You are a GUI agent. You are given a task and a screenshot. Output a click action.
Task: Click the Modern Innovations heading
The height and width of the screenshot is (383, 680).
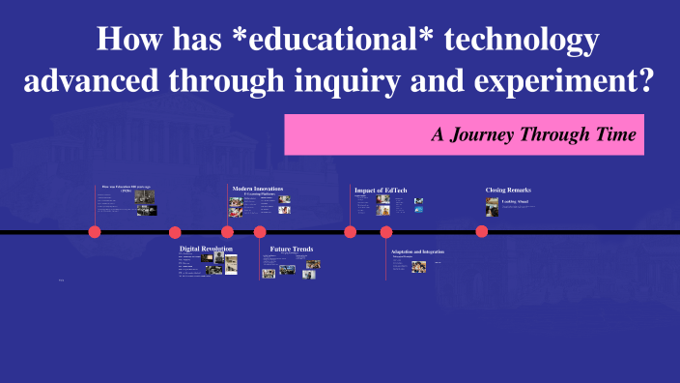pos(257,188)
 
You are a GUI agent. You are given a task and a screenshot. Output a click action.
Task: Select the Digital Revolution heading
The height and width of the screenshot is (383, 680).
pos(206,249)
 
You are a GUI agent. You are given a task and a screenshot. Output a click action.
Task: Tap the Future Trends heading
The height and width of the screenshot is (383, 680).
pos(291,249)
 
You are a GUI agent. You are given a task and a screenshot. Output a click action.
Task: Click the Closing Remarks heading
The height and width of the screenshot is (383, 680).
pos(508,190)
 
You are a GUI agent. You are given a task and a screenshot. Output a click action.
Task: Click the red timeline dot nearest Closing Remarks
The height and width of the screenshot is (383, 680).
pos(482,231)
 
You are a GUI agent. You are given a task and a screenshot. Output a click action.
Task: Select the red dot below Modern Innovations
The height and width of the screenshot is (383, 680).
pos(228,231)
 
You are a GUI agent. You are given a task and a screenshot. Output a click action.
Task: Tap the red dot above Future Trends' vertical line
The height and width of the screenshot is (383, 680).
pos(260,231)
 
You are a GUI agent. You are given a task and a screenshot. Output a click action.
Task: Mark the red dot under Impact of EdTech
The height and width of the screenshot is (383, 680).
pos(351,231)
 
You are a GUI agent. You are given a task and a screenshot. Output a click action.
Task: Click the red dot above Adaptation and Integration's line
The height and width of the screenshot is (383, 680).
pos(386,231)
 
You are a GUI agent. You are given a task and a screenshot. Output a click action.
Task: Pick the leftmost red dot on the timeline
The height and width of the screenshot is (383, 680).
pos(95,231)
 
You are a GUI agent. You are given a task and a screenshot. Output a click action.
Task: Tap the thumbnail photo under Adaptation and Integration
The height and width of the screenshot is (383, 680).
pos(418,266)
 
